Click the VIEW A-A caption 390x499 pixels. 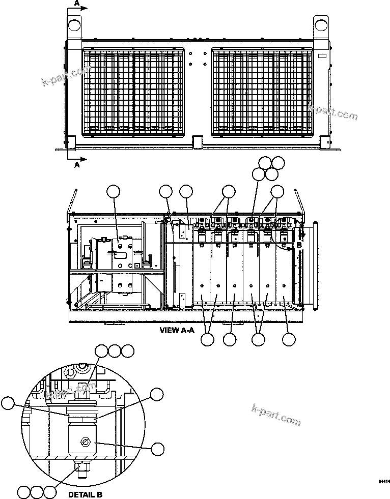177,330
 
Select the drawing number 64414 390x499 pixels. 383,481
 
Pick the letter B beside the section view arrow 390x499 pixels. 299,245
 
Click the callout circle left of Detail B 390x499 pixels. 7,403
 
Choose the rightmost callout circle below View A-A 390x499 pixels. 289,339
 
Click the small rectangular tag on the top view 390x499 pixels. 322,54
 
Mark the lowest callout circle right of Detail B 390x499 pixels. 158,448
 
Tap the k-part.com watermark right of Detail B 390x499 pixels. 276,415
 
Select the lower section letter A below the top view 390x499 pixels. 77,165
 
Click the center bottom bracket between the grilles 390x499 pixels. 197,140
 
